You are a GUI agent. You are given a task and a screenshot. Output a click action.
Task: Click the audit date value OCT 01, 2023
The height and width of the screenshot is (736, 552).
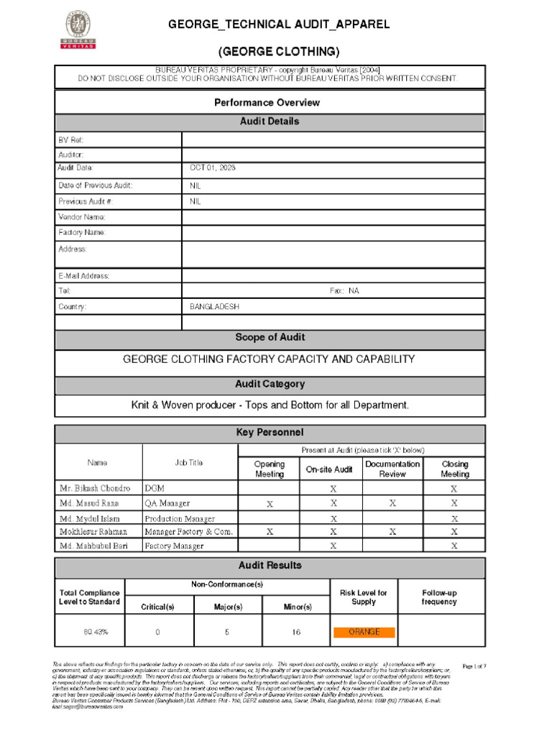pos(213,167)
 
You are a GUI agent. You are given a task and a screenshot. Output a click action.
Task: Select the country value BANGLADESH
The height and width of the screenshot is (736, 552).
pos(214,307)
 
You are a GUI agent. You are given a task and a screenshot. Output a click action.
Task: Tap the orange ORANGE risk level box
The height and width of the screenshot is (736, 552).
pos(364,632)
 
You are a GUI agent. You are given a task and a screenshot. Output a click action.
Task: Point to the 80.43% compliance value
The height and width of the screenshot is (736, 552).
pos(90,632)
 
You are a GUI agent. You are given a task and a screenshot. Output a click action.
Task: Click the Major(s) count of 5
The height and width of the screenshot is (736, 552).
pos(227,632)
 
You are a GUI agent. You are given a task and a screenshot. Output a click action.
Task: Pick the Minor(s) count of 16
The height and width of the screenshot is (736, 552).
pos(296,632)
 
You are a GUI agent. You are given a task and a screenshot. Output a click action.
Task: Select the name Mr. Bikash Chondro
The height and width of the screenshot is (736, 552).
pos(95,488)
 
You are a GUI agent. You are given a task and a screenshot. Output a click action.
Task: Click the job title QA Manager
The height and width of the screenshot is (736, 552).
pos(167,503)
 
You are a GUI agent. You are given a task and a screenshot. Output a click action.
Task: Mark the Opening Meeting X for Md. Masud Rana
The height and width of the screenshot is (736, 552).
pos(270,504)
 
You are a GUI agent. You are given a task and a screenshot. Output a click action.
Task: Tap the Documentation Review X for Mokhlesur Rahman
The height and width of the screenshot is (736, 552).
pos(392,532)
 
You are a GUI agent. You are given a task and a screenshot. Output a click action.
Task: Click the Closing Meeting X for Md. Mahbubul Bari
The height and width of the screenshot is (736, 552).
pos(454,546)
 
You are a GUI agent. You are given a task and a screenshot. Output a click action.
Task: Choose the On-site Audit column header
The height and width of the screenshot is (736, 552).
pos(329,469)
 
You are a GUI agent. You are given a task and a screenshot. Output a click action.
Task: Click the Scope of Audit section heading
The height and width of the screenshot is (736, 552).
pos(270,338)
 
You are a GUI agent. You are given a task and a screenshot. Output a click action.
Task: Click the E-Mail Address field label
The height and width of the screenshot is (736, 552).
pos(83,276)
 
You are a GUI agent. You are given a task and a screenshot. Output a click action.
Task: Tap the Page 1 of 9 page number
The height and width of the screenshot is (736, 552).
pos(474,666)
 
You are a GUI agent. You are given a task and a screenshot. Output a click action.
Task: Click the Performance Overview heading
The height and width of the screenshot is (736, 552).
pos(267,103)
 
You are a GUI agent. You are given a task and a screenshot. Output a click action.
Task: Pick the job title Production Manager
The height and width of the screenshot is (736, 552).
pos(180,518)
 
